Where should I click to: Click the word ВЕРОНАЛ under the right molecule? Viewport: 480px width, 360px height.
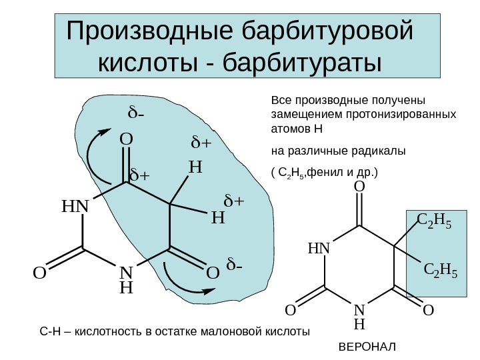367,348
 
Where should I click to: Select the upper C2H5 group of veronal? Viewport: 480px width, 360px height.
433,220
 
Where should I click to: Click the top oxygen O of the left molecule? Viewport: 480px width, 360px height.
126,141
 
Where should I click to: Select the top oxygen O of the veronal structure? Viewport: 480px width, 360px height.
359,189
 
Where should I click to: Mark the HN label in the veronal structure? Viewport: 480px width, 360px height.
319,249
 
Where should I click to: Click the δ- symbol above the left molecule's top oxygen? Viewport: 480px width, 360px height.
137,113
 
